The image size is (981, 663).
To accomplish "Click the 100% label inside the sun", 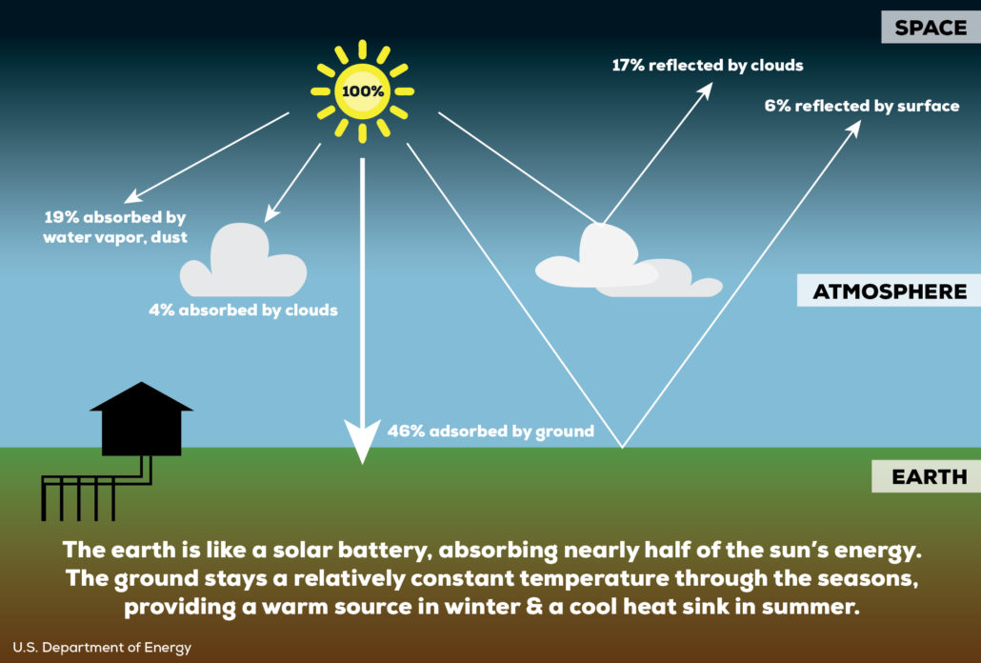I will click(362, 92).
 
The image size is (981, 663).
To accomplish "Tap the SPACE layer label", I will click(931, 27).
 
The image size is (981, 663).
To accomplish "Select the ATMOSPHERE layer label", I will click(889, 291).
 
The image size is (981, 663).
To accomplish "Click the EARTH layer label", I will click(929, 476).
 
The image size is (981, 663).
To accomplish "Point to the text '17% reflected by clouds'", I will click(708, 66).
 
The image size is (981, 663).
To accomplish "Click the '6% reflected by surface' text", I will click(861, 106).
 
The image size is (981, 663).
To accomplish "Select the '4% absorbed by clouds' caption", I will click(243, 310).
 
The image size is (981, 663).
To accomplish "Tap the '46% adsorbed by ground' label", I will click(490, 431).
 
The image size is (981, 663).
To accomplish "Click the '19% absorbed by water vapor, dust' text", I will click(114, 227).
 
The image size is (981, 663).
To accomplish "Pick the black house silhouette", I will click(141, 419).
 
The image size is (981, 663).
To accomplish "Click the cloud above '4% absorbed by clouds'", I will click(244, 261).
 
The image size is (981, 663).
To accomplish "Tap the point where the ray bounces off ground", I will click(623, 446).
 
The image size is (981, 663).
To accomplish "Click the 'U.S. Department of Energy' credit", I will click(102, 647).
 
